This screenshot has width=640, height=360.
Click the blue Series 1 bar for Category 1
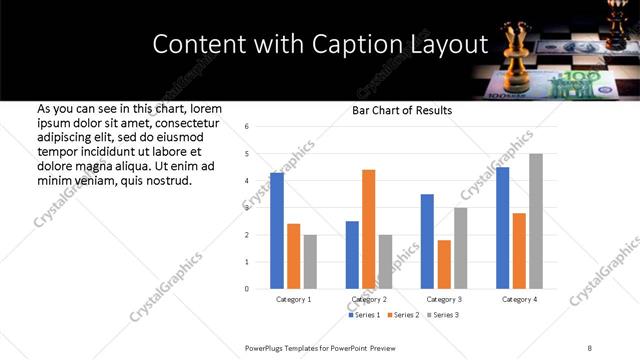pos(277,231)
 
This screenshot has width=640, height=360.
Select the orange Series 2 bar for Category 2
pos(369,229)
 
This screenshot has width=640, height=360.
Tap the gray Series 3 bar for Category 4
pos(536,221)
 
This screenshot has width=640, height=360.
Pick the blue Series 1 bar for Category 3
pos(428,241)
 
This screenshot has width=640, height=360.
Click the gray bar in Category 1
pos(310,262)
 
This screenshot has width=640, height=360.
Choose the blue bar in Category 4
pos(503,228)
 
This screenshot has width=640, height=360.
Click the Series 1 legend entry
pos(366,315)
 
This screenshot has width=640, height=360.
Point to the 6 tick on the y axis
pos(247,126)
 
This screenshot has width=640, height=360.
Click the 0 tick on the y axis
pos(247,289)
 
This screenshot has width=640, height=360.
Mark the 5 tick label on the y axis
pos(247,153)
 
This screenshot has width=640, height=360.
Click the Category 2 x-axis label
pos(369,300)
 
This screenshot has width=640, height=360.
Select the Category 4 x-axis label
pos(519,300)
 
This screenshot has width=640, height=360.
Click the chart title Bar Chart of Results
pos(402,110)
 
